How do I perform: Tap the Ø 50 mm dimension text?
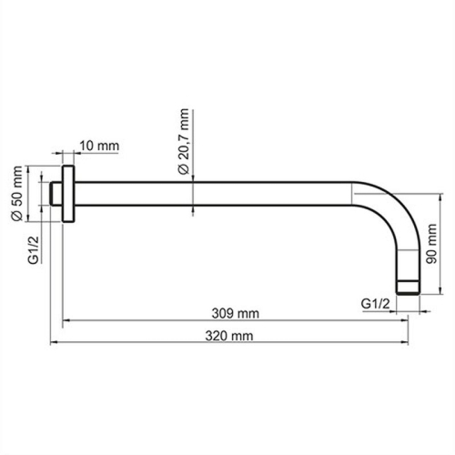(x=15, y=193)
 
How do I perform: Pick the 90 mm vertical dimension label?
(x=435, y=244)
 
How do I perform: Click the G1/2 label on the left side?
(x=33, y=248)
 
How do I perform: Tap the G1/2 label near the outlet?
(x=376, y=302)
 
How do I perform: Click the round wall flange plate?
(x=68, y=193)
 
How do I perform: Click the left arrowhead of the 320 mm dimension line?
(x=53, y=343)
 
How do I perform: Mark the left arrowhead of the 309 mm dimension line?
(x=66, y=320)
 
